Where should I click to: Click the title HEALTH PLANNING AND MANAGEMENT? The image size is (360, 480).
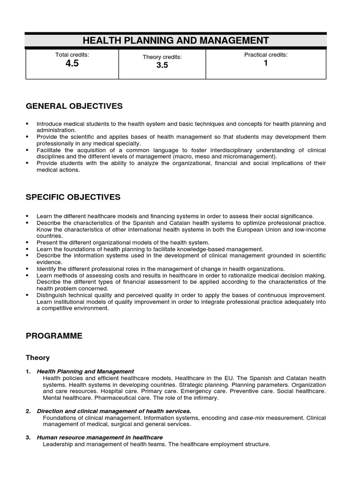click(176, 40)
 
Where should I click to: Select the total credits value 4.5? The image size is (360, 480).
click(72, 64)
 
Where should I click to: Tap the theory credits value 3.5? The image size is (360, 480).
click(162, 65)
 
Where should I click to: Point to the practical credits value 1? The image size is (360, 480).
click(266, 63)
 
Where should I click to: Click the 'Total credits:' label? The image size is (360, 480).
click(72, 55)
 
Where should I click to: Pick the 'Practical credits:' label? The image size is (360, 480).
click(266, 55)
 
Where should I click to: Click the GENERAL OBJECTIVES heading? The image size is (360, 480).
click(74, 106)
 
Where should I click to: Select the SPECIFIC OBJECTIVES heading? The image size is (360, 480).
click(73, 197)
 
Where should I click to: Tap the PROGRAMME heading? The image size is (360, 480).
click(54, 336)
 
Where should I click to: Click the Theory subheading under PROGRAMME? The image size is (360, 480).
click(37, 358)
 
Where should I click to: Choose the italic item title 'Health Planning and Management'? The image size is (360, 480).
click(85, 371)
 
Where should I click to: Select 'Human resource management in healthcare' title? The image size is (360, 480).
click(100, 437)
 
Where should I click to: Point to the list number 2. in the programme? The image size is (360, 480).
click(28, 411)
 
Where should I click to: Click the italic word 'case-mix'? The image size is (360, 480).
click(252, 418)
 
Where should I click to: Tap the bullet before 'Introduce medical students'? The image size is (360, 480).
click(28, 124)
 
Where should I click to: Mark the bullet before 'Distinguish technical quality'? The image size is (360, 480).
click(28, 295)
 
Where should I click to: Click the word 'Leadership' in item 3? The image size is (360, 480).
click(57, 444)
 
